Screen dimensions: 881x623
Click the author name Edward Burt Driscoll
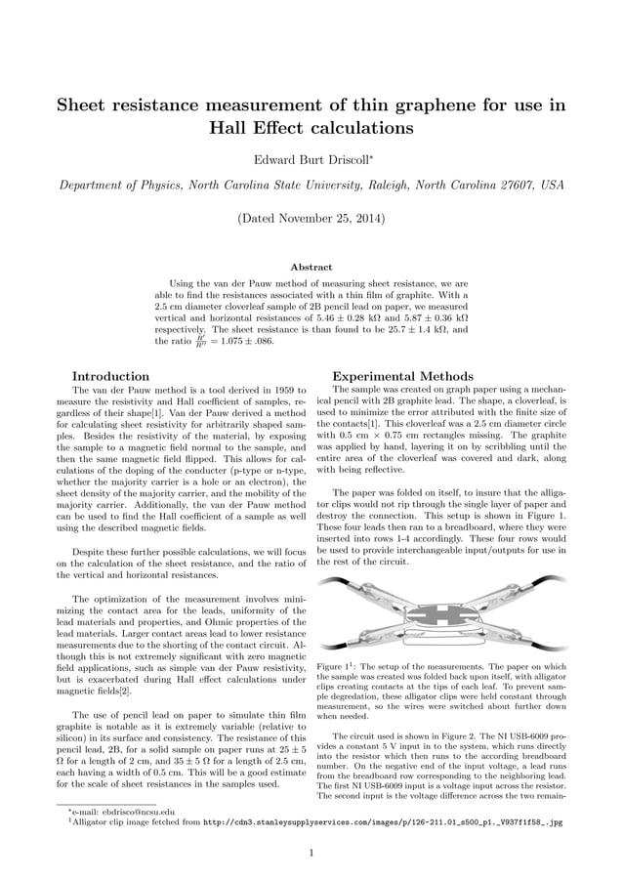[x=309, y=159]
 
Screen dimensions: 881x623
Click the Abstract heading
[x=311, y=267]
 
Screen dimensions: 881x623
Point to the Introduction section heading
[x=111, y=376]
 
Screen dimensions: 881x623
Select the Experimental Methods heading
[x=389, y=376]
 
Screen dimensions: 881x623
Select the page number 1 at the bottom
[x=311, y=853]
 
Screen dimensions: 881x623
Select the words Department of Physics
[x=115, y=186]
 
